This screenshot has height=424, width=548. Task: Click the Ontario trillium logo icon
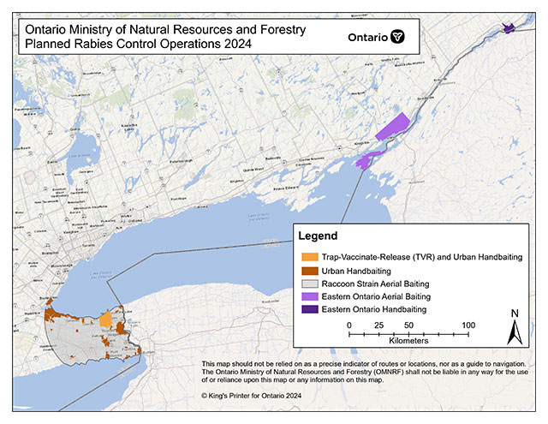click(x=397, y=38)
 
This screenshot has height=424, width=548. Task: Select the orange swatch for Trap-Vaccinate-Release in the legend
click(x=307, y=256)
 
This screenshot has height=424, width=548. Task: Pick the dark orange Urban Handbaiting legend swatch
click(x=307, y=269)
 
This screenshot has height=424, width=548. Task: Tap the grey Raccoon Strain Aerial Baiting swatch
click(x=307, y=282)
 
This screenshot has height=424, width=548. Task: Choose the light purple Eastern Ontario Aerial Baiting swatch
click(x=307, y=295)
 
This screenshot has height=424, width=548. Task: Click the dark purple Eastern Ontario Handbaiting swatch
click(x=307, y=308)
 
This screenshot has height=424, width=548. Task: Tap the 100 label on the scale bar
click(x=468, y=325)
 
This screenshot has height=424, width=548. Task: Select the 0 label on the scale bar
click(x=349, y=325)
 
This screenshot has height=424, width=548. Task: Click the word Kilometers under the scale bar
click(x=408, y=341)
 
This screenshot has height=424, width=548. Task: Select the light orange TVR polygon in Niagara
click(x=105, y=320)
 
